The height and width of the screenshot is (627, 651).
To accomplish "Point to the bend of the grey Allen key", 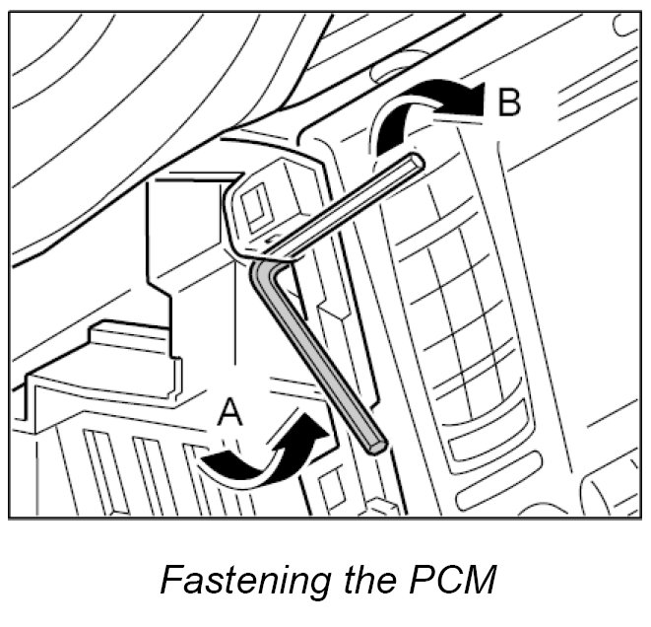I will pos(264,268).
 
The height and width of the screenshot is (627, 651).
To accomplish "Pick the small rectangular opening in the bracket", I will pos(254,206).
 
